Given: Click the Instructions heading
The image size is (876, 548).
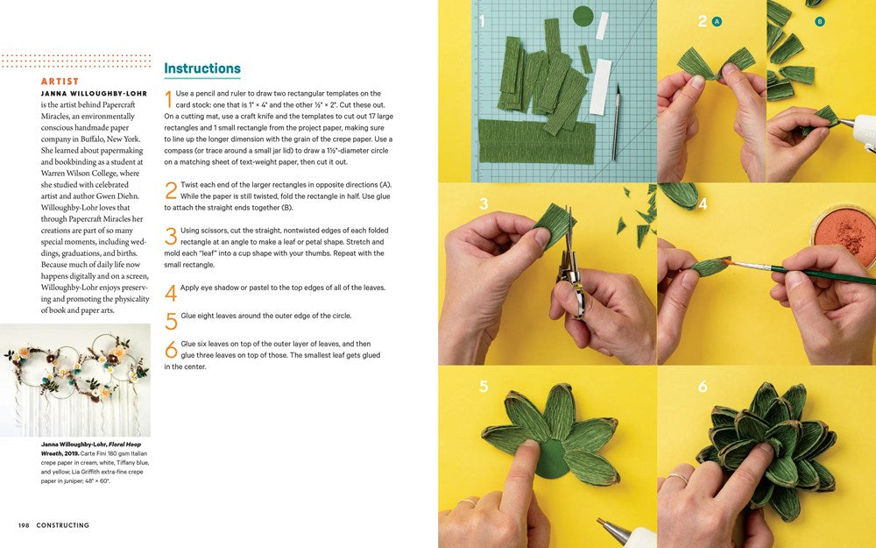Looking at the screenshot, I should point(202,68).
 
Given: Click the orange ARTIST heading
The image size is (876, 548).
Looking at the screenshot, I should point(60,82).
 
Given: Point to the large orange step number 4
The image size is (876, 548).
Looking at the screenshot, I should point(171,292).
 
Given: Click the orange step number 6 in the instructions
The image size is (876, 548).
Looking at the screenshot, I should point(171,349).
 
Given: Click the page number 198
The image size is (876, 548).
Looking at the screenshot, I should point(24,525).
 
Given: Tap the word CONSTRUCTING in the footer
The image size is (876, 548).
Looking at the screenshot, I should point(63,525).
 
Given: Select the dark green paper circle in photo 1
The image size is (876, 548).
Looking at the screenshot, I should point(583,16).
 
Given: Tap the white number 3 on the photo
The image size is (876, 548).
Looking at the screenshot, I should point(484,204).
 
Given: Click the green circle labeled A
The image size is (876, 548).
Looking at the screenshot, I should point(717,21).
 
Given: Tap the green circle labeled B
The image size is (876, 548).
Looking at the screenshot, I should point(820,21).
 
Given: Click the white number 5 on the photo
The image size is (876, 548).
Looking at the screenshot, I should point(484,386).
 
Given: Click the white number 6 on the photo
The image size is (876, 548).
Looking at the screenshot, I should point(703,386).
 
